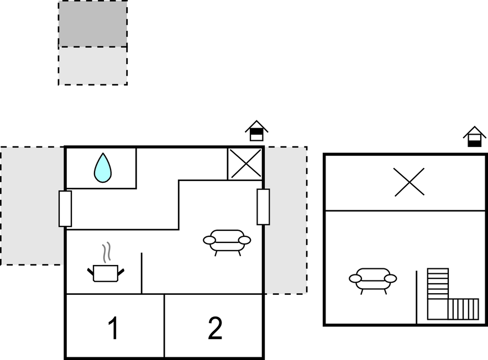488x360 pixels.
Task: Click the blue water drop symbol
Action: pos(103,168)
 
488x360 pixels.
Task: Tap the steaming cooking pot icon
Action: pos(106,273)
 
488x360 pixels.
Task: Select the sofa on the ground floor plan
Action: pos(227,242)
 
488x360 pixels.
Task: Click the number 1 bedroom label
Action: pos(114,328)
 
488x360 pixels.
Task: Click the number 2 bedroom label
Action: pos(215,328)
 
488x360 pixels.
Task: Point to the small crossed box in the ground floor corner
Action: pos(245,164)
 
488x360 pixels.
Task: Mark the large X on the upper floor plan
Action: pos(410,182)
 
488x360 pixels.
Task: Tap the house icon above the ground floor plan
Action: pos(256,131)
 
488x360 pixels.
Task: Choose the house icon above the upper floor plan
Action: pos(475,137)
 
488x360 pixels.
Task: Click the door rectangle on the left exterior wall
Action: pos(65,209)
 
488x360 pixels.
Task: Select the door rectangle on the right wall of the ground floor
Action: pos(263,207)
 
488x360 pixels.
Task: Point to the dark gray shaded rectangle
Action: pos(93,24)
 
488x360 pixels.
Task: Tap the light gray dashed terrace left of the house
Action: pos(32,206)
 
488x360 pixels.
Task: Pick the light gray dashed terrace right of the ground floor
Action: pos(286,220)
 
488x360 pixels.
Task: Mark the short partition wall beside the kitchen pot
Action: pos(141,273)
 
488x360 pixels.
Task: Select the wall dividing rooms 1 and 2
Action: pos(164,326)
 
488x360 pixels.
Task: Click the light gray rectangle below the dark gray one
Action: pos(93,66)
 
